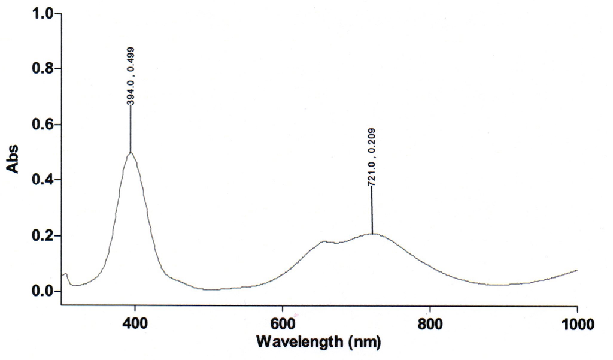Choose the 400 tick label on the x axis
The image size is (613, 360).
pos(135,325)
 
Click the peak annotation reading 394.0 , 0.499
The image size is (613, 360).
pos(131,75)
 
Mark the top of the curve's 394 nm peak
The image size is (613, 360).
pos(131,153)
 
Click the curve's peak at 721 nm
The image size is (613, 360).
pos(372,234)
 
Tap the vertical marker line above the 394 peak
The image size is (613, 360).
pos(131,129)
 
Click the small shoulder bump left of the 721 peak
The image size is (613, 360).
pos(324,241)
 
